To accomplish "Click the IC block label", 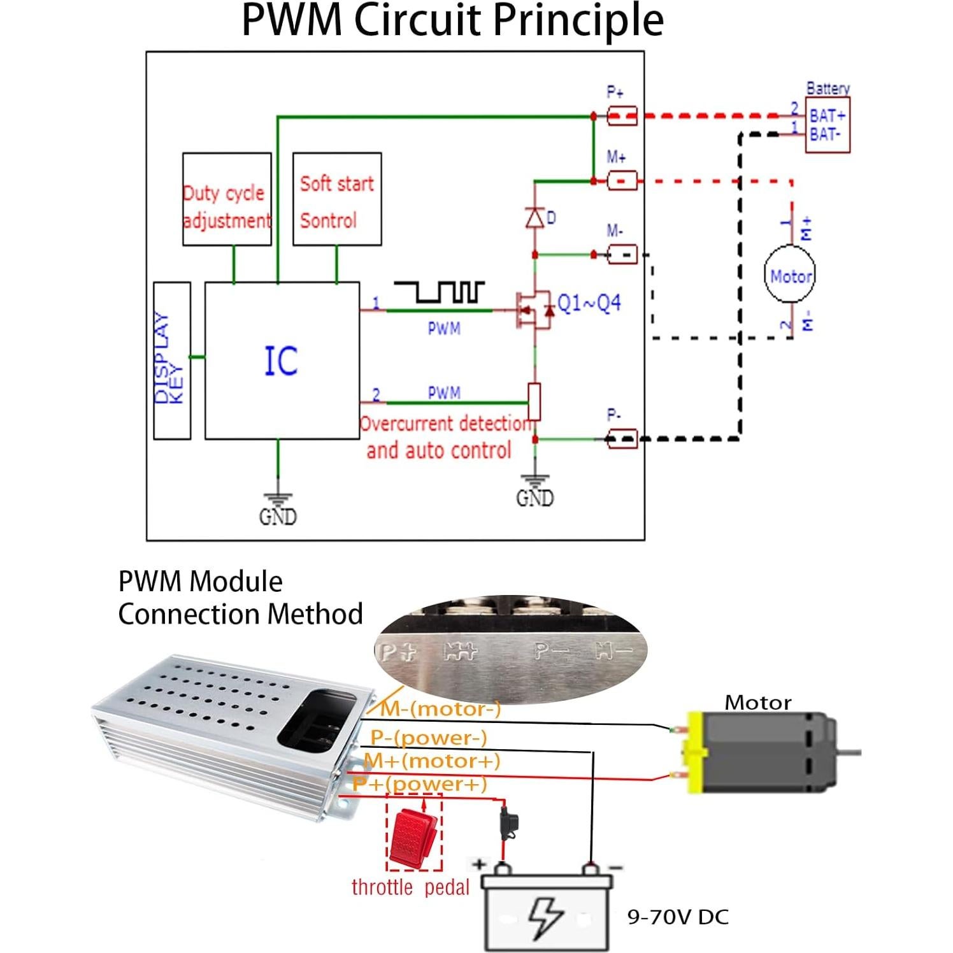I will point(281,361).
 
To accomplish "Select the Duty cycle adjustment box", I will point(227,199).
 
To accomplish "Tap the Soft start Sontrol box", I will point(337,199).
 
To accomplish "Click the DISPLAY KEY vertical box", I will point(172,361).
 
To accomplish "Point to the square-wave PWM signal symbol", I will point(440,292).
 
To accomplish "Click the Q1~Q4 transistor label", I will point(589,303).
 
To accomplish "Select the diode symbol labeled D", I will point(534,218).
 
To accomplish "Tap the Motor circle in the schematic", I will point(790,276).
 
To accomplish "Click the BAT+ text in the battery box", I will point(827,116).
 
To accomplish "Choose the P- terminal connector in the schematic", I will point(622,438).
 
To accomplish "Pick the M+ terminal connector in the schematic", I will point(622,181).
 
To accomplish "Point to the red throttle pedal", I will point(413,836).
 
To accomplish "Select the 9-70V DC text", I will point(678,917).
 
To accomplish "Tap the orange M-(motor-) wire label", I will point(441,709).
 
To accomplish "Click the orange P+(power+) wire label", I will point(420,784).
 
